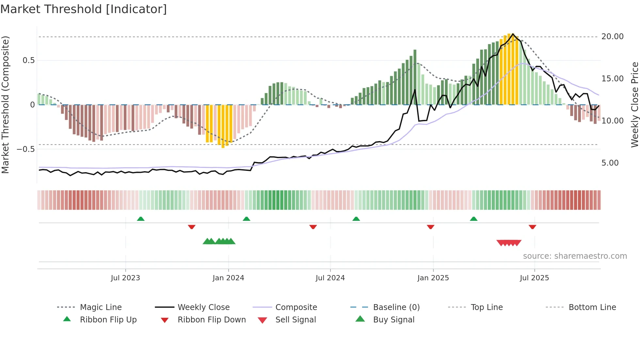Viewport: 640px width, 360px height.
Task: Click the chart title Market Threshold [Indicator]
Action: pos(84,9)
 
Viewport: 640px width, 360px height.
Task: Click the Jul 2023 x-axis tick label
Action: pos(125,278)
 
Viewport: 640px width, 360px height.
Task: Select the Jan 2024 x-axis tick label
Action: pos(228,278)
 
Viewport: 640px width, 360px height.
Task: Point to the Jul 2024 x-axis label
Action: pos(330,278)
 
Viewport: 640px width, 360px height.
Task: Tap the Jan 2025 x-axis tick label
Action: pos(433,278)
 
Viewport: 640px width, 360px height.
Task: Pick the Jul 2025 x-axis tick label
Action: pos(534,278)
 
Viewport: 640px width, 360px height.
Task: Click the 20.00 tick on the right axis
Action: pos(612,37)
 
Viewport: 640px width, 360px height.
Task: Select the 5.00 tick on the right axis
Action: pos(610,163)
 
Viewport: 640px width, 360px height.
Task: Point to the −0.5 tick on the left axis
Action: pos(25,149)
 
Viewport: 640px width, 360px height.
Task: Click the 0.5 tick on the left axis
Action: pos(28,60)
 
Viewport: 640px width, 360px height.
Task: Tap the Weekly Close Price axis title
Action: pos(634,105)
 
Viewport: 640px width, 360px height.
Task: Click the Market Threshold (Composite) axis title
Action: pos(5,105)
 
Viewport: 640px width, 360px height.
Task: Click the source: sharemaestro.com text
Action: pos(575,256)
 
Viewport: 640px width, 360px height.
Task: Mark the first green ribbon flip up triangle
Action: pos(141,219)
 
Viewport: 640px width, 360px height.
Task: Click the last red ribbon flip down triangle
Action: pos(532,227)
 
